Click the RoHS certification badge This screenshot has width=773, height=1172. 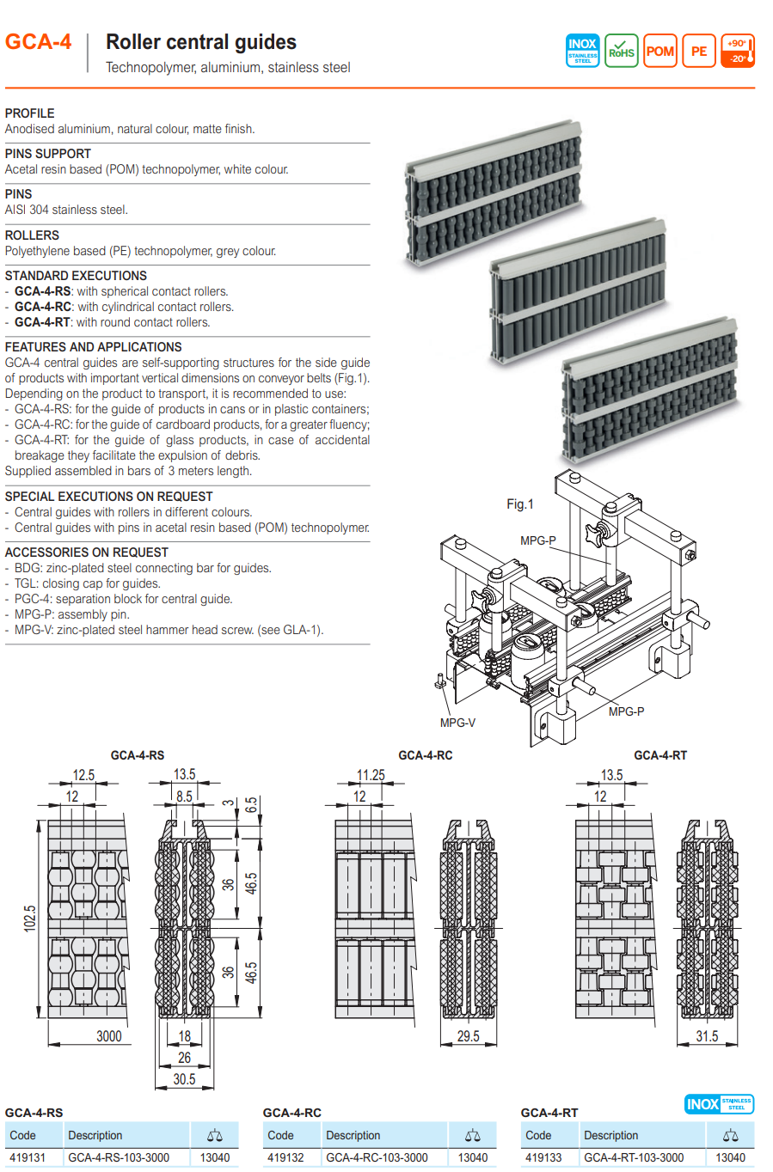pos(621,51)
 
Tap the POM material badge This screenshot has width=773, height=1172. pos(660,51)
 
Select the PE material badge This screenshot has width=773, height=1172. pos(699,51)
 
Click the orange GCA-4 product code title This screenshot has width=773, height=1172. pos(39,42)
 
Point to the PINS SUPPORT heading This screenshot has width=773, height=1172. pos(48,154)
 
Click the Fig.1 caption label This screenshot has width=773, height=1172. pos(520,504)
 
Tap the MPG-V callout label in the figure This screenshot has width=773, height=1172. pos(457,723)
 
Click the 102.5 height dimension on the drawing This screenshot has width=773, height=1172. pos(30,919)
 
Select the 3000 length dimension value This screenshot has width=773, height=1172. pos(108,1036)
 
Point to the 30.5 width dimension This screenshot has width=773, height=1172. pos(184,1079)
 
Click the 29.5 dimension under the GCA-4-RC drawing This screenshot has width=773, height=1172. pos(469,1036)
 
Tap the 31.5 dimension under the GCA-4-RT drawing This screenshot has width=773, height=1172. pos(707,1036)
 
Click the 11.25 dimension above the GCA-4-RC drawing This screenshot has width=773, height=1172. pos(371,775)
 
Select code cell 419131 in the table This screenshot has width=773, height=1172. pos(28,1157)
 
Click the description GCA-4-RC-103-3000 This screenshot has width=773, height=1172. pos(377,1157)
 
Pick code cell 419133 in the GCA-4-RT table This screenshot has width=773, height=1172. pos(543,1157)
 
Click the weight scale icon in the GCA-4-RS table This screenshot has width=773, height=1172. pos(215,1135)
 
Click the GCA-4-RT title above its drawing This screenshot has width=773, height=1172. pos(660,755)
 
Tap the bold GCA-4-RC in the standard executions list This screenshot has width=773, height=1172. pos(43,307)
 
